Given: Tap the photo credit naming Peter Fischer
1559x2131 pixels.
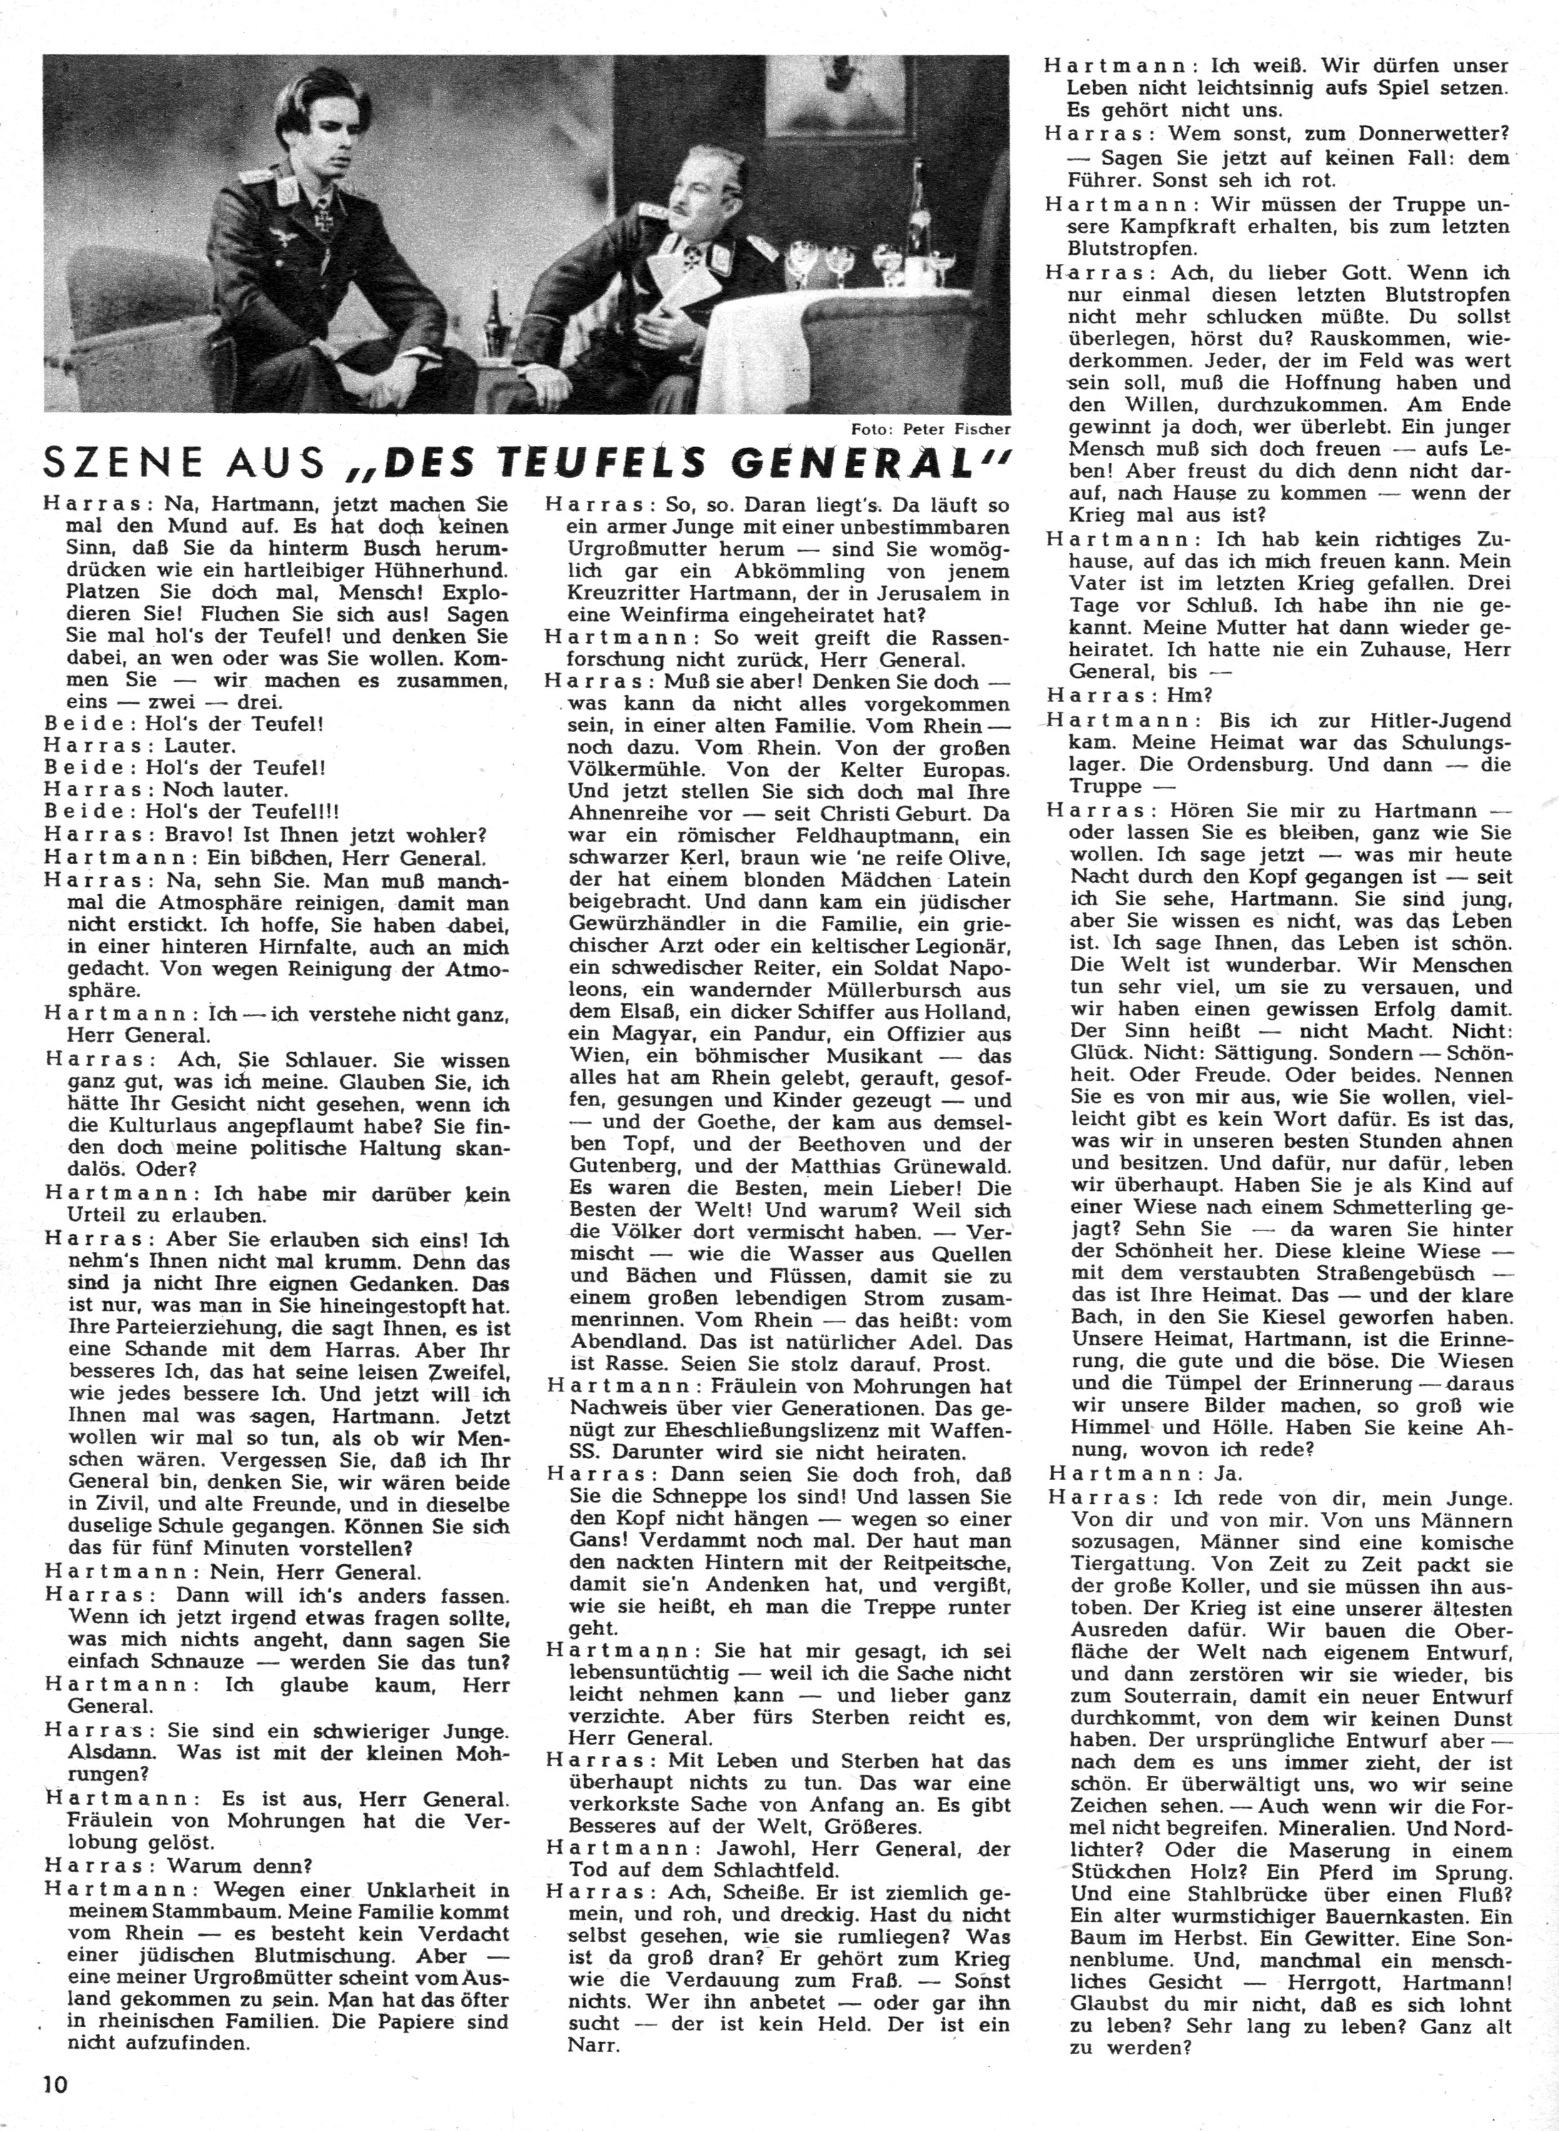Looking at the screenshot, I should (929, 428).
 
